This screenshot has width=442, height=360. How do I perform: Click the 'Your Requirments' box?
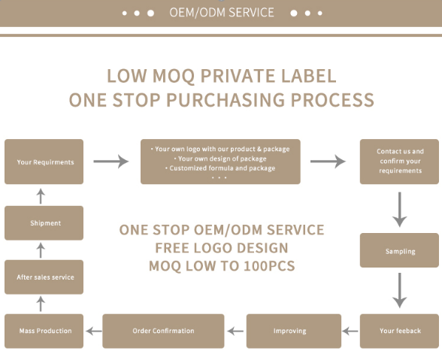click(x=44, y=162)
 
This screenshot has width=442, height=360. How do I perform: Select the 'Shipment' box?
click(x=44, y=223)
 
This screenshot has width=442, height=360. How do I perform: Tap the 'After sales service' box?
click(x=44, y=277)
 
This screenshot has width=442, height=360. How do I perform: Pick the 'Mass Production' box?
click(x=44, y=331)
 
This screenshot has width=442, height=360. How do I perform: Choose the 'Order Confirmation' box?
click(x=163, y=331)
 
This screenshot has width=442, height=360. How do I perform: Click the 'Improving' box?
click(x=294, y=331)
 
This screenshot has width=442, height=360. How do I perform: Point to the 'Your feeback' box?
click(x=399, y=331)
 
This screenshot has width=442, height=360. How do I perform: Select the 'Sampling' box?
click(x=399, y=250)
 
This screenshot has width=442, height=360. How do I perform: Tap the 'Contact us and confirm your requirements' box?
click(x=399, y=162)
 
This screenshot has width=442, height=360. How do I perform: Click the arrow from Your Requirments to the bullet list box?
click(x=111, y=162)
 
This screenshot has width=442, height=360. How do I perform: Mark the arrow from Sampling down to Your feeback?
click(x=399, y=290)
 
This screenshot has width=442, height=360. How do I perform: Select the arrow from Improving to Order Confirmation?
click(x=235, y=331)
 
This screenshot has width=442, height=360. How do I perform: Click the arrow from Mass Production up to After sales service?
click(x=41, y=304)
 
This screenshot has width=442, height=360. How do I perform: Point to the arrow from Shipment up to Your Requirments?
click(x=41, y=196)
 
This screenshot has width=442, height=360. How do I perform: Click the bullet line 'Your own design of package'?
click(x=220, y=159)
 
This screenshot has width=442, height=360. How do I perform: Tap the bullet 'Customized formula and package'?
click(x=220, y=168)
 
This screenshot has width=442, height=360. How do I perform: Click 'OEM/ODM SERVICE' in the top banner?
click(x=222, y=13)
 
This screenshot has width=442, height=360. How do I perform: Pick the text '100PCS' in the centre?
click(x=269, y=266)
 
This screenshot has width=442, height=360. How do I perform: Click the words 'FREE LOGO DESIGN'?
click(x=222, y=248)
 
